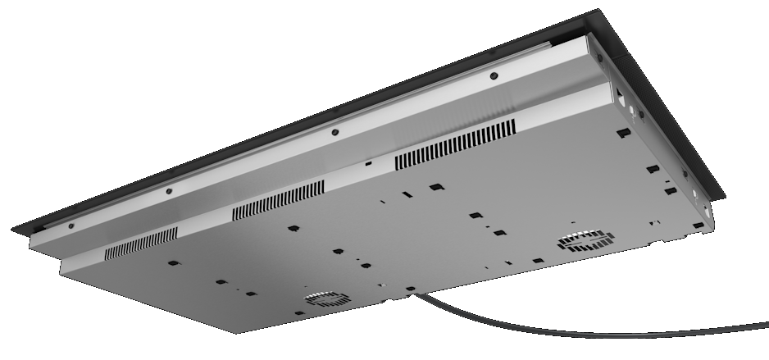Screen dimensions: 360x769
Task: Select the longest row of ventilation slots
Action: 455,145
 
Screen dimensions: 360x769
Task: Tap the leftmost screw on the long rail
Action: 71,225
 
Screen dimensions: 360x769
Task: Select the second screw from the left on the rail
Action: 169,191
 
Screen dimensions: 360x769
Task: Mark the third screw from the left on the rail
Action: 334,133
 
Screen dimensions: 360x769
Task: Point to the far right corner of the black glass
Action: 725,197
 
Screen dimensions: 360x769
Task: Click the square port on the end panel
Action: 621,98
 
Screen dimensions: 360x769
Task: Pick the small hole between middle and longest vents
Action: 368,164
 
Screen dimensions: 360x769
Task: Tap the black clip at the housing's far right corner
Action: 698,225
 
